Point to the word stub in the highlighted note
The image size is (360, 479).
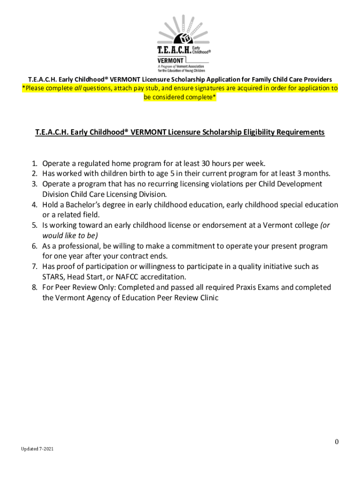(x=151, y=88)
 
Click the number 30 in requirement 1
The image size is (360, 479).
(x=206, y=164)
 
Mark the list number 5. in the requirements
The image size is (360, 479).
(x=35, y=225)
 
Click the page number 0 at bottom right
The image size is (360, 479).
(x=336, y=442)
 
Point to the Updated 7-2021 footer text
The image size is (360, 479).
(x=37, y=449)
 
